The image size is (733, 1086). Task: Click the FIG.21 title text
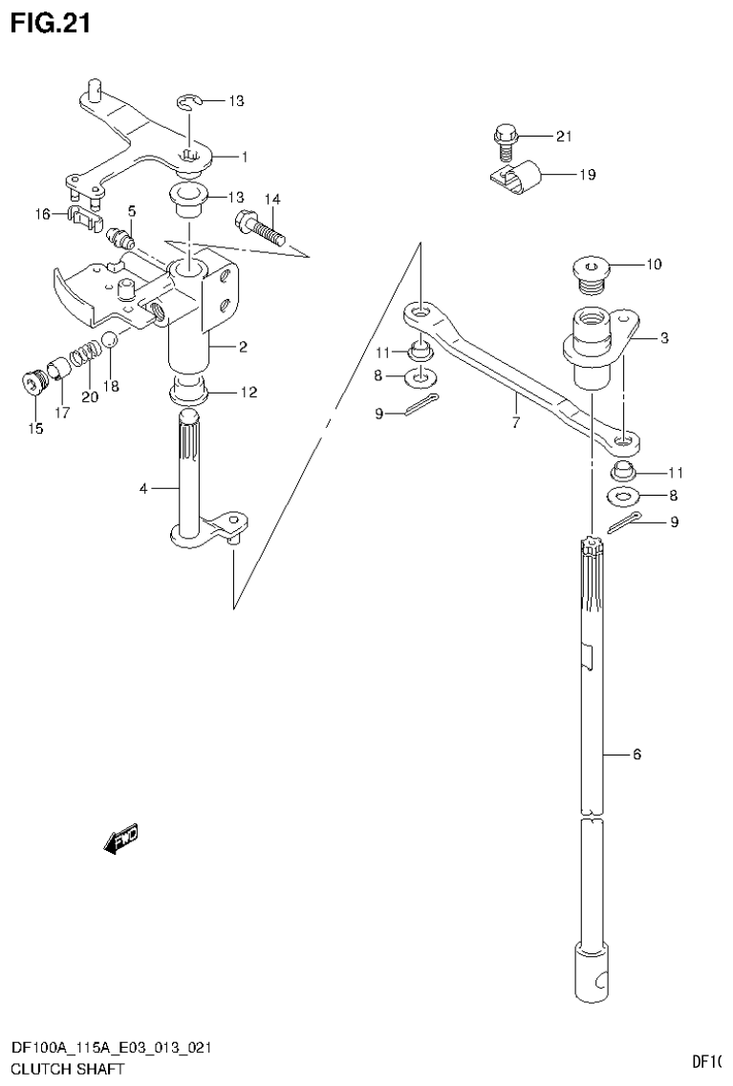coord(50,24)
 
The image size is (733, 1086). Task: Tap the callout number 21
coord(563,137)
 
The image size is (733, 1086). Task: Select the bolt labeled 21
coord(505,142)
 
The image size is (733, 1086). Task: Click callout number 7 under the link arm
coord(516,421)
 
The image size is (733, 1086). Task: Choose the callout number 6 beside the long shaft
coord(636,755)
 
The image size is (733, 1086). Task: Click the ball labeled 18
coord(111,338)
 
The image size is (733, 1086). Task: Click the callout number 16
coord(42,215)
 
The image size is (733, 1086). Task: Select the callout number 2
coord(243,347)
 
